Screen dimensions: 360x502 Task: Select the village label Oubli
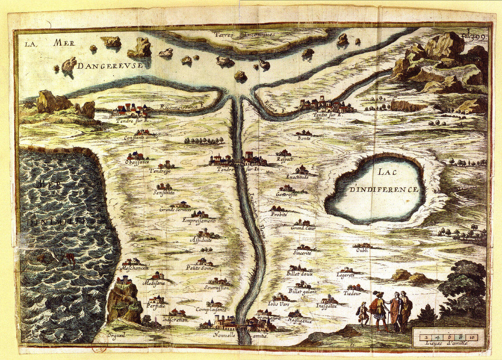362,250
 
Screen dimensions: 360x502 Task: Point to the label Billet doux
300,273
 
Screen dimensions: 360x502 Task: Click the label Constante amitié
141,137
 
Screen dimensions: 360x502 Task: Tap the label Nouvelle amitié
240,335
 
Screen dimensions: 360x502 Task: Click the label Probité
279,214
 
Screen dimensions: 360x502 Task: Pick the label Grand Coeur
303,228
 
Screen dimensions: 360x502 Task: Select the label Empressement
199,220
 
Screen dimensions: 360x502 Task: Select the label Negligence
300,321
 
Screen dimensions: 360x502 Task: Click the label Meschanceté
135,268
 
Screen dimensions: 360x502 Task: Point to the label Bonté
304,138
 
